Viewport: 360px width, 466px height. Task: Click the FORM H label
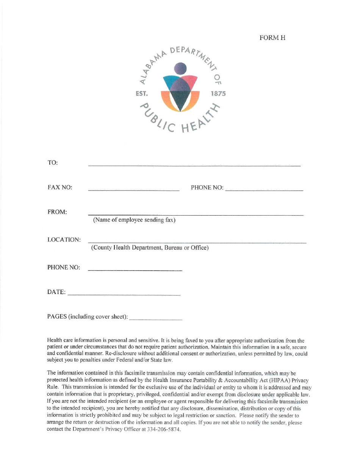tap(272, 38)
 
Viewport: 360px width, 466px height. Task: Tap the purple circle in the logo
tap(180, 69)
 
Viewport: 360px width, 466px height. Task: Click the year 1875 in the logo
tap(218, 94)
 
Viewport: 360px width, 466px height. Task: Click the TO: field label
tap(53, 163)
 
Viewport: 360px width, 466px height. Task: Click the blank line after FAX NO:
tap(133, 189)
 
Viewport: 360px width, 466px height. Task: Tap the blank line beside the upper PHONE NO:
tap(264, 189)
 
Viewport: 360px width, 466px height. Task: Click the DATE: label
tap(56, 292)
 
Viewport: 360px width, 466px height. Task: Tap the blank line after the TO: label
tap(194, 166)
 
